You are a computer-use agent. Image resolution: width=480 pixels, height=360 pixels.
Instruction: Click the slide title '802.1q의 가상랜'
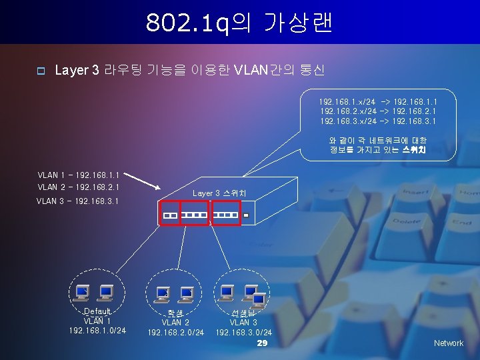(239, 23)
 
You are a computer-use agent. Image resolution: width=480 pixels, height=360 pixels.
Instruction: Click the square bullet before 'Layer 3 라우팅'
(40, 71)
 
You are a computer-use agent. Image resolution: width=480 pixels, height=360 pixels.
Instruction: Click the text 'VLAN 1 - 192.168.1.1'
(78, 175)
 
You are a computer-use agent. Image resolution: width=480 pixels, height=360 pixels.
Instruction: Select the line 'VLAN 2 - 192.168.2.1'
(78, 187)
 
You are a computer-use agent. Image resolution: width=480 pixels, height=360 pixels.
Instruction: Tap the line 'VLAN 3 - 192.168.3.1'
(77, 201)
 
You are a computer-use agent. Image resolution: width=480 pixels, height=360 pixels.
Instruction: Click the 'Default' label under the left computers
(97, 311)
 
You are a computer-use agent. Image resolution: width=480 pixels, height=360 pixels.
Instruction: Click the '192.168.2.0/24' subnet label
(176, 332)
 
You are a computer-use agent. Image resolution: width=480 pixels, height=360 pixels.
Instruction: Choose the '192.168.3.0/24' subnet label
(243, 332)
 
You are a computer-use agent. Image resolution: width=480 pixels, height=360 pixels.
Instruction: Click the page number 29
(262, 343)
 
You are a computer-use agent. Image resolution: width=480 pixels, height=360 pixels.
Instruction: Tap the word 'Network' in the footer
(448, 343)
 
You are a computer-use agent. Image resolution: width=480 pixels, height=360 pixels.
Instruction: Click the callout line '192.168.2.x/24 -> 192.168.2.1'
(378, 111)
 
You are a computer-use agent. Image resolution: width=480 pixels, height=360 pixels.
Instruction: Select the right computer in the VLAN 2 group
(187, 292)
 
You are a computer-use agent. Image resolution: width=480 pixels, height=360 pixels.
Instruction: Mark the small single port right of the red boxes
(245, 216)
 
